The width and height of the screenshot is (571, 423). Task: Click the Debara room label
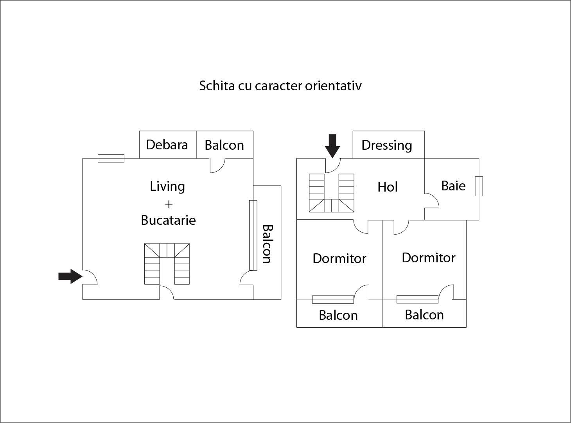(167, 145)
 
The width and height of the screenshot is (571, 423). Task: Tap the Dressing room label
(386, 145)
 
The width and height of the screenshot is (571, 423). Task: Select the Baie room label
(453, 186)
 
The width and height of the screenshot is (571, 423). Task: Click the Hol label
(387, 187)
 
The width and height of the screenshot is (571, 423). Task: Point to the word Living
(167, 186)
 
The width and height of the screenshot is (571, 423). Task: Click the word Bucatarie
(168, 220)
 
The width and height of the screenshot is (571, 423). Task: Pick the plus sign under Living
(169, 204)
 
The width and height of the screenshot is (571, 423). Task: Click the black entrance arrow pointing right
(70, 276)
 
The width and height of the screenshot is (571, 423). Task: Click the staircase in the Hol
(331, 193)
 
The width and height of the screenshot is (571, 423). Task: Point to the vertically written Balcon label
(267, 244)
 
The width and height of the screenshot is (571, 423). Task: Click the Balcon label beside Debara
(224, 145)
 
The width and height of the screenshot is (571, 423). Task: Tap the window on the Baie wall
(479, 186)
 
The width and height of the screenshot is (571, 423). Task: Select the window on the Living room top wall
(111, 158)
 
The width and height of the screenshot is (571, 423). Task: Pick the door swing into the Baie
(432, 201)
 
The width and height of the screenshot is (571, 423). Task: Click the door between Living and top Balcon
(217, 165)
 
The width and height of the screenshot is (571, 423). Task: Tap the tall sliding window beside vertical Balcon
(253, 235)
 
